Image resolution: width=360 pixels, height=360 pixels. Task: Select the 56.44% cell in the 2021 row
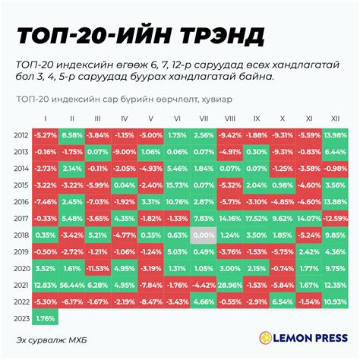(71, 284)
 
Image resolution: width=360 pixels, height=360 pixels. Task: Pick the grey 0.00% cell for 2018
(203, 235)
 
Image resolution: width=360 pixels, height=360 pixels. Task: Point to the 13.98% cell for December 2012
(333, 134)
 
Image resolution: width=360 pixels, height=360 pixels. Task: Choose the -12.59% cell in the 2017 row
(333, 218)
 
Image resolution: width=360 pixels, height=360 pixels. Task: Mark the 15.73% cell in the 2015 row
(176, 185)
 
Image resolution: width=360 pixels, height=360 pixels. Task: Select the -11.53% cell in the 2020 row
(97, 268)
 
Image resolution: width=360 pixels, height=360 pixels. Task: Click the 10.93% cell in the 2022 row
(333, 301)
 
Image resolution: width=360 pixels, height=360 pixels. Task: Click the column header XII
(333, 118)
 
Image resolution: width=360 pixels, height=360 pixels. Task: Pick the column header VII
(203, 118)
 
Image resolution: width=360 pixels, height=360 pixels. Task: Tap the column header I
(45, 118)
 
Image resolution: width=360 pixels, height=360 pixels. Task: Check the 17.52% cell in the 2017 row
(255, 218)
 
